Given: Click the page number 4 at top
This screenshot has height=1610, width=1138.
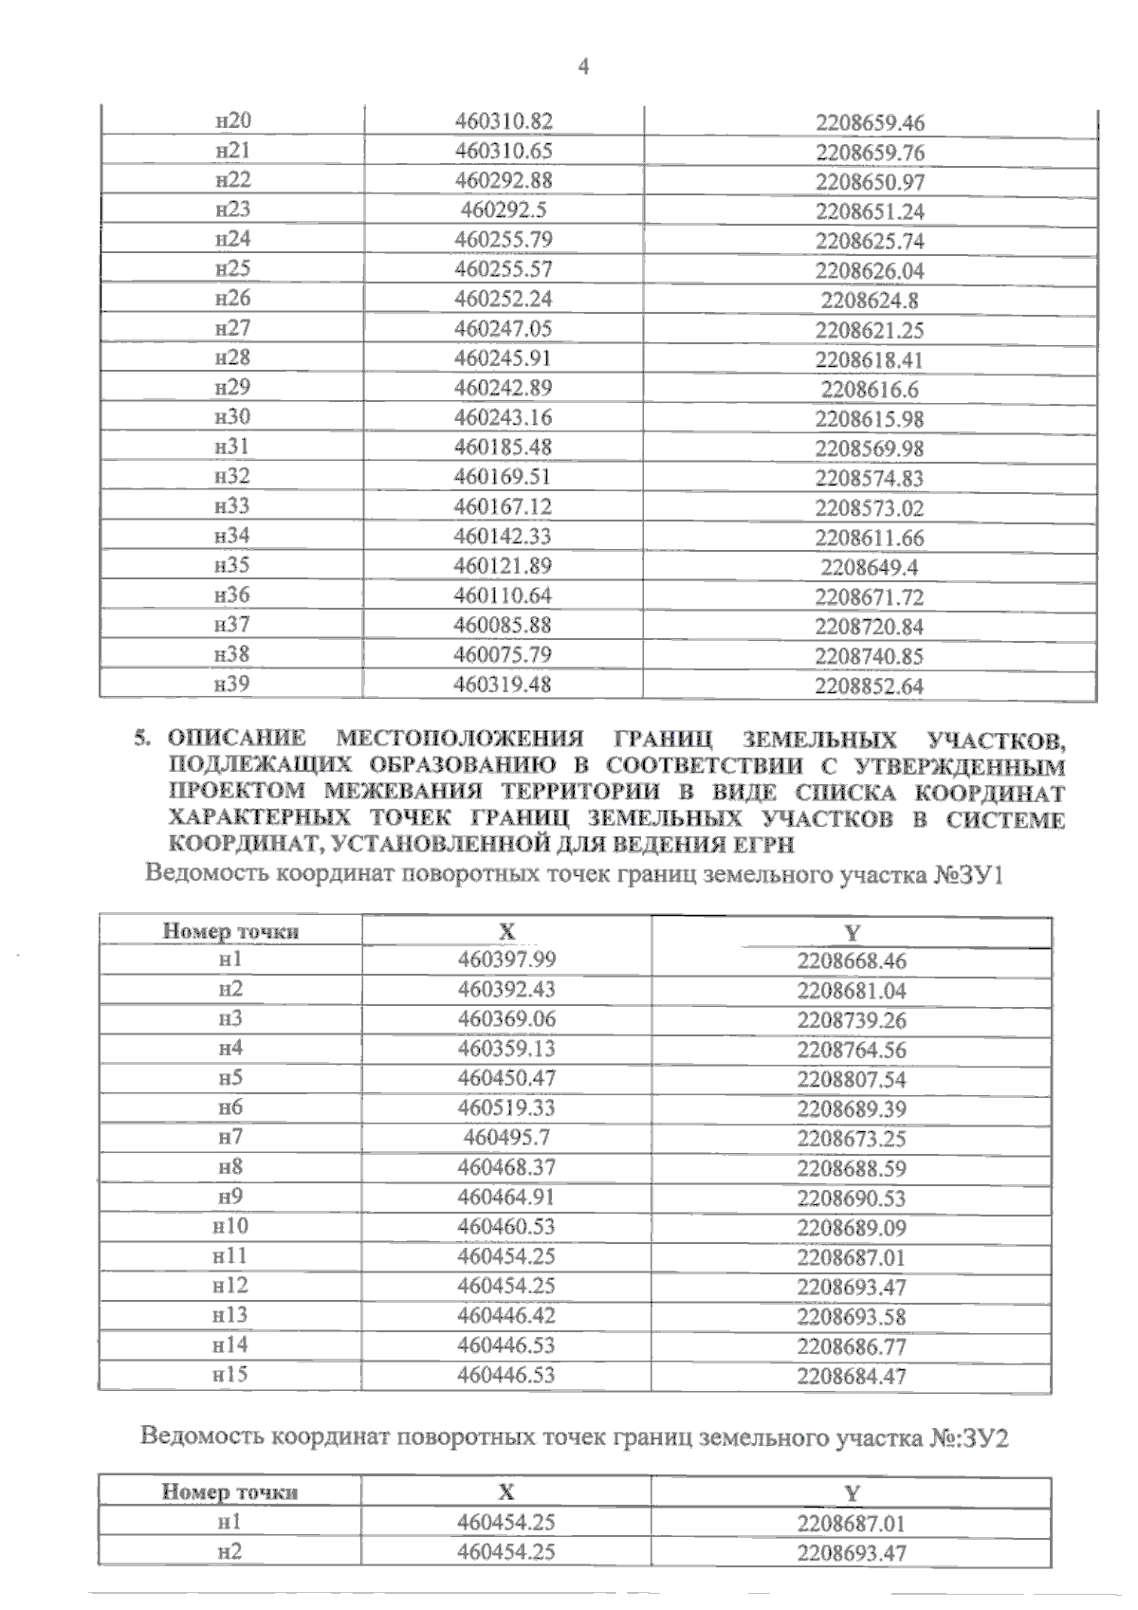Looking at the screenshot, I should point(583,66).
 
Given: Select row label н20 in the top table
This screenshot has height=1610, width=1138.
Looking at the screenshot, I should point(233,120).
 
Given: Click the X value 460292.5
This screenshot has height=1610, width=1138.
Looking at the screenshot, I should point(503,210).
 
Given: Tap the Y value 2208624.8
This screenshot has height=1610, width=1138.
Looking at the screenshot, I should point(870,301).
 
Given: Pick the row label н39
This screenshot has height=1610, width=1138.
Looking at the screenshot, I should point(233,684).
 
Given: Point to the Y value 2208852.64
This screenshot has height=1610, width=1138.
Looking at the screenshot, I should point(870,686).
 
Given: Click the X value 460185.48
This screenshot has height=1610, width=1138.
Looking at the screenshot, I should point(503,447).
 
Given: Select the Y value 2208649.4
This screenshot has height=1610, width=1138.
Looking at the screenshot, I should point(870,568).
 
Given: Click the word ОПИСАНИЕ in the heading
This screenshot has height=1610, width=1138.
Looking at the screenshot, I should point(236,738).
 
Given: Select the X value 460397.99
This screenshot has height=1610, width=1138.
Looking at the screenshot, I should point(506,960).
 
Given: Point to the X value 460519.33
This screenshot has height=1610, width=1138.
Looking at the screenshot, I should point(506,1107).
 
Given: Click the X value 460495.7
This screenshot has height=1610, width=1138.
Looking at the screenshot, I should point(506,1137).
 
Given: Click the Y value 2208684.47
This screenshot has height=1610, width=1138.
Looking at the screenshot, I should point(852,1376).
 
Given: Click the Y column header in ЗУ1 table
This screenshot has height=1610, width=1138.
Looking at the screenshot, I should point(852,932).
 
